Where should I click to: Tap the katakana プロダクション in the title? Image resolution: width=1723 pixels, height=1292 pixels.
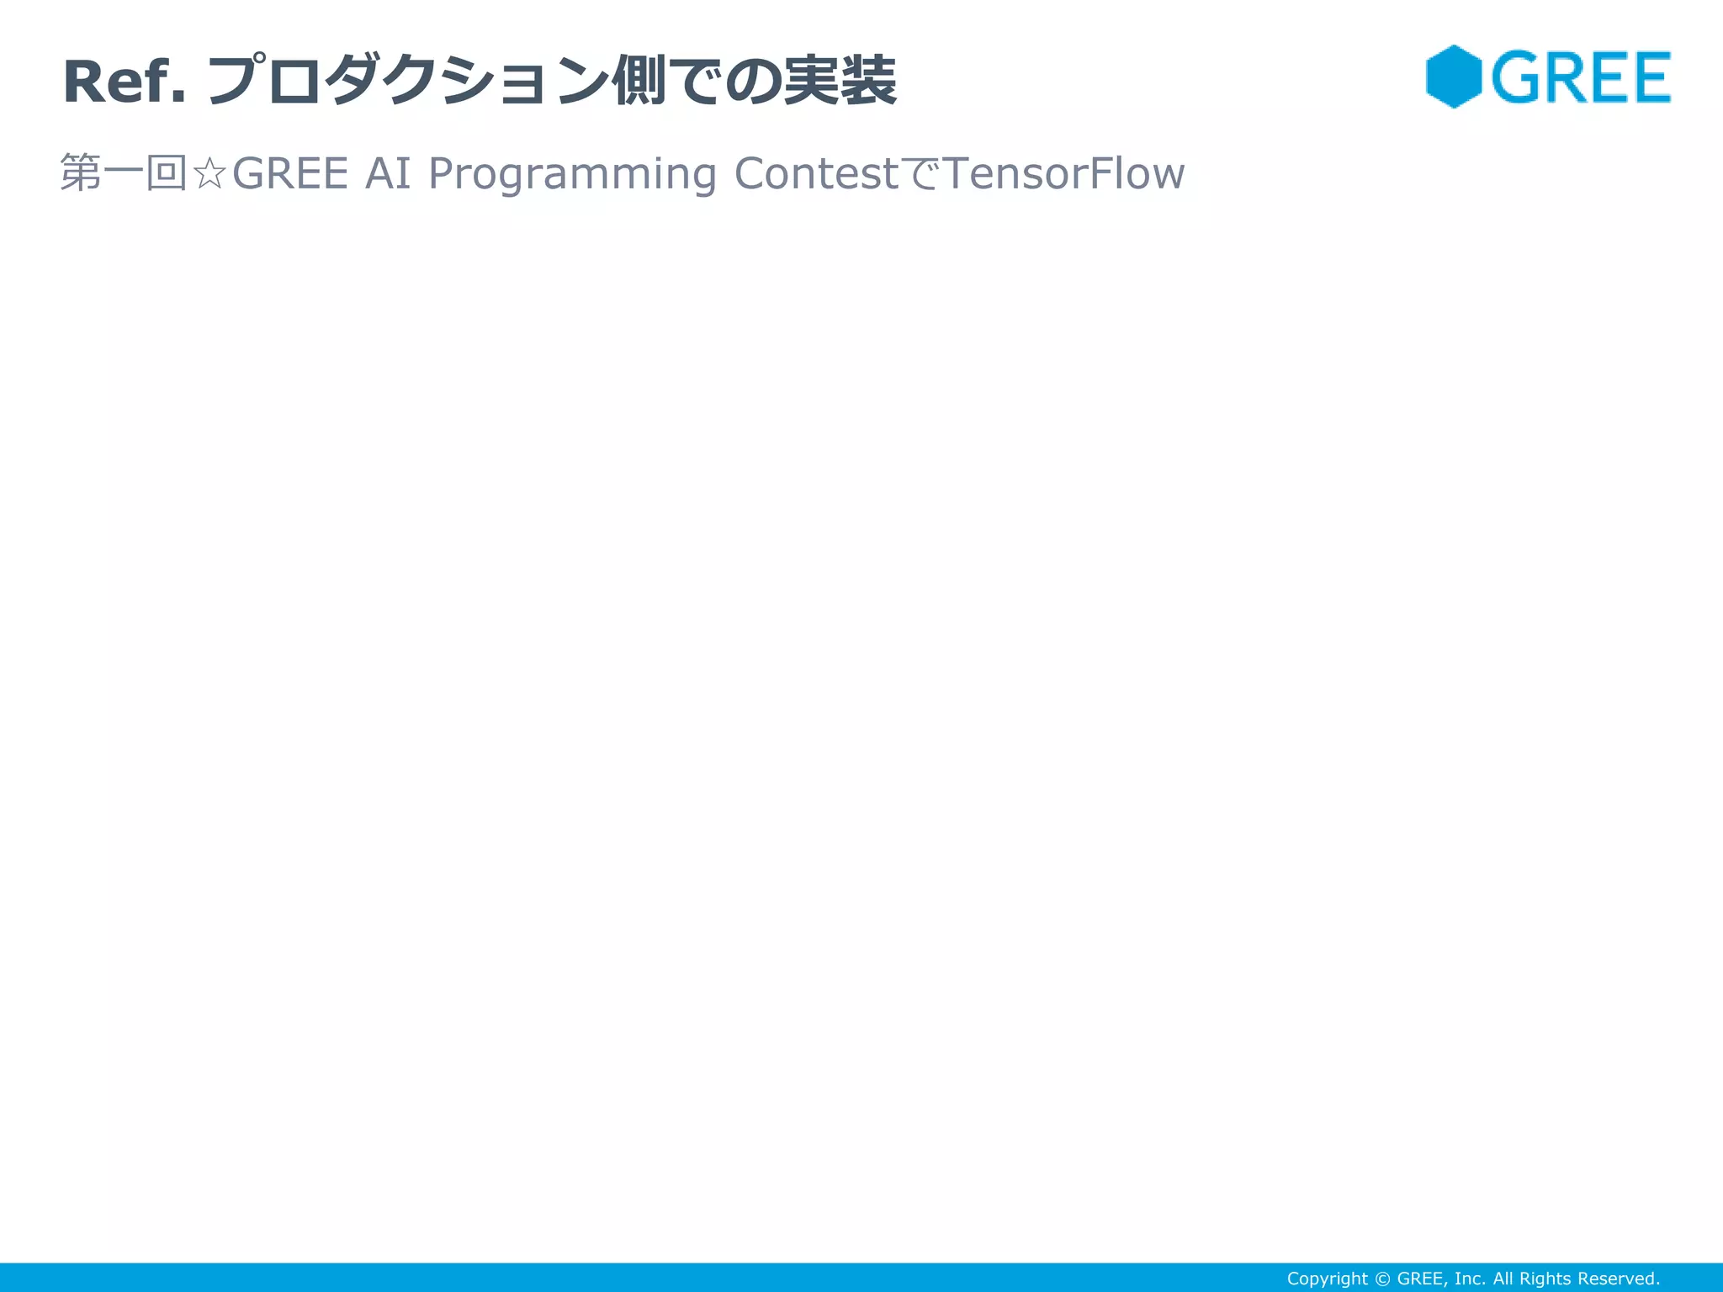tap(407, 82)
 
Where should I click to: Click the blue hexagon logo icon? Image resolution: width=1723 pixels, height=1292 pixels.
tap(1454, 77)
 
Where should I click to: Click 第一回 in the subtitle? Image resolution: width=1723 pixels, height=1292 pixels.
tap(124, 174)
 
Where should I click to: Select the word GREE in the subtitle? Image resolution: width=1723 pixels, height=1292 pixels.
tap(290, 174)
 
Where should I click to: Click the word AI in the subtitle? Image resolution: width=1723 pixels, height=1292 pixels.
tap(388, 174)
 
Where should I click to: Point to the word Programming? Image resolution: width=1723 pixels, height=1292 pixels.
tap(572, 174)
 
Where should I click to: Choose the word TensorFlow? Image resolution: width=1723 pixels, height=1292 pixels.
tap(1064, 174)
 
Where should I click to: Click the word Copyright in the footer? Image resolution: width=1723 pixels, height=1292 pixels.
tap(1327, 1279)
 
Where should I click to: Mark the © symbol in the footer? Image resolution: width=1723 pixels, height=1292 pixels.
tap(1382, 1279)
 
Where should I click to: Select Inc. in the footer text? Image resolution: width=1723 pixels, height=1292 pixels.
tap(1470, 1279)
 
